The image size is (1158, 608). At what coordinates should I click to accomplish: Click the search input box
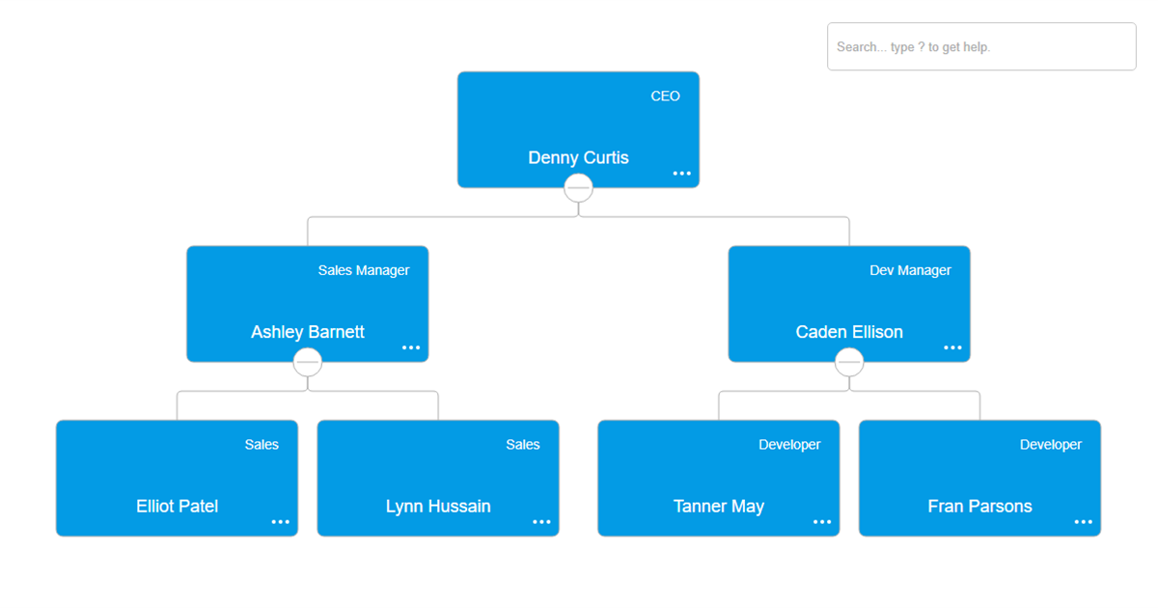(x=981, y=46)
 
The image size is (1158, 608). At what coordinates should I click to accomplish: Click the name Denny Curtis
(x=578, y=157)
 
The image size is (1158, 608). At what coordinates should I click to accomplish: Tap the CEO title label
(x=665, y=97)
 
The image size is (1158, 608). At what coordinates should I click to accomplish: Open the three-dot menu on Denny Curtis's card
(x=681, y=173)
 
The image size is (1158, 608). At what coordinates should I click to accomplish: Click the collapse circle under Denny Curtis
(x=578, y=187)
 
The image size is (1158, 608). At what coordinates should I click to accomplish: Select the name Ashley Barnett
(x=308, y=331)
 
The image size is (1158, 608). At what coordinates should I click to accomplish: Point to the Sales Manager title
(x=364, y=270)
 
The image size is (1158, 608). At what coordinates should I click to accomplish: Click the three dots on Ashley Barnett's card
(x=411, y=347)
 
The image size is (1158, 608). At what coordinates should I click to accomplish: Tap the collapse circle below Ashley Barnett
(x=308, y=362)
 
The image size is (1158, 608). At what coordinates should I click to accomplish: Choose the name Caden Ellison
(x=849, y=331)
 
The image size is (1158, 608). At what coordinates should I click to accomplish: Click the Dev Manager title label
(x=910, y=270)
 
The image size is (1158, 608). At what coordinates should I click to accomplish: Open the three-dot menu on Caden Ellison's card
(x=952, y=347)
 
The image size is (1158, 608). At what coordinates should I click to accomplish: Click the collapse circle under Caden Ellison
(x=849, y=362)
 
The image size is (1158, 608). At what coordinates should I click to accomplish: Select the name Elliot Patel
(x=177, y=506)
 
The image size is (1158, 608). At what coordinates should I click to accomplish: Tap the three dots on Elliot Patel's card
(x=280, y=522)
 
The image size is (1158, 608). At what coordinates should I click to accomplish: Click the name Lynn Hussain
(x=438, y=506)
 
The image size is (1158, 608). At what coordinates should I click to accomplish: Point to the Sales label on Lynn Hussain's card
(x=523, y=445)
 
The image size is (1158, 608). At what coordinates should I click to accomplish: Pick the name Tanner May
(x=719, y=506)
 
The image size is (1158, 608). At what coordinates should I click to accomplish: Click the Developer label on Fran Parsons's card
(x=1051, y=445)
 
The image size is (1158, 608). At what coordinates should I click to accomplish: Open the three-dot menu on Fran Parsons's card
(x=1083, y=522)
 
